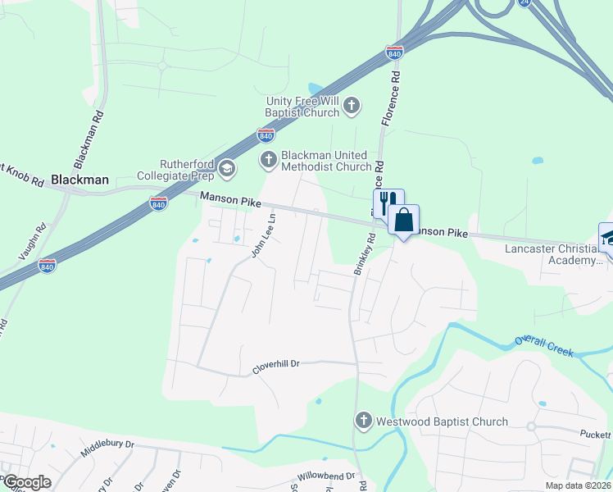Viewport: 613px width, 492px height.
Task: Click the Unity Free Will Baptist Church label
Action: click(302, 107)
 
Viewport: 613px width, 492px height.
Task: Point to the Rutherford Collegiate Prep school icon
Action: click(227, 170)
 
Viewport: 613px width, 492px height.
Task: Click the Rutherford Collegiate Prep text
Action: click(175, 169)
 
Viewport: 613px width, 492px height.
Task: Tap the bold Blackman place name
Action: click(79, 179)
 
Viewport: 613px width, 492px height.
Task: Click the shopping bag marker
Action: click(403, 220)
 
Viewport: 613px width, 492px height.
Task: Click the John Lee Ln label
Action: click(264, 235)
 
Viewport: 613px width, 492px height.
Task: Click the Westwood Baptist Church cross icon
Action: click(364, 421)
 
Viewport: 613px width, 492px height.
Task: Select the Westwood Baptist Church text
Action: click(442, 421)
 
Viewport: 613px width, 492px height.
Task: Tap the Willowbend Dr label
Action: click(326, 476)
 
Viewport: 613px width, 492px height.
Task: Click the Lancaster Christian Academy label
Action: click(554, 254)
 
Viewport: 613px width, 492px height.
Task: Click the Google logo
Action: click(28, 482)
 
